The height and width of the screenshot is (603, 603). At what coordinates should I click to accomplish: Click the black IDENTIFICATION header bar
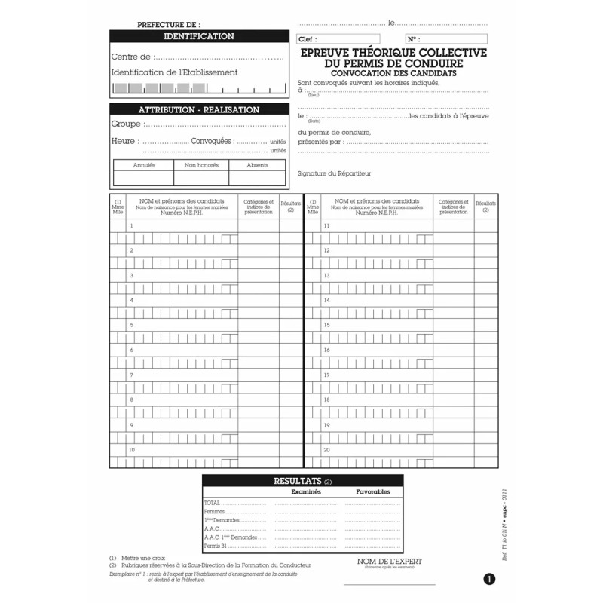(199, 36)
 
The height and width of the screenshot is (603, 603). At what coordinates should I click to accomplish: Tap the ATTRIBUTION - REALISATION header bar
(199, 110)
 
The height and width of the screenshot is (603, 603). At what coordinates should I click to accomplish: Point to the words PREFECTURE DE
(169, 25)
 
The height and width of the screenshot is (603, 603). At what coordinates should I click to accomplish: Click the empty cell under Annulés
(143, 178)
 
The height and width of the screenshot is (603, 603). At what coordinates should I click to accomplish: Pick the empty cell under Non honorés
(201, 178)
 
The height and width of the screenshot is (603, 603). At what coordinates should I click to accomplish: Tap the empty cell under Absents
(258, 178)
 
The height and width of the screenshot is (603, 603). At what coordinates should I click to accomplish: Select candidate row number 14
(377, 301)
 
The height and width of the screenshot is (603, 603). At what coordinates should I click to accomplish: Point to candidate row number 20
(377, 450)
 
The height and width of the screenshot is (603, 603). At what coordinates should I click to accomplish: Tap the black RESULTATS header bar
(302, 480)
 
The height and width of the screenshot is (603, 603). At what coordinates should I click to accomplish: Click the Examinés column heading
(306, 491)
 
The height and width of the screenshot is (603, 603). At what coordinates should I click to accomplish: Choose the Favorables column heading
(373, 491)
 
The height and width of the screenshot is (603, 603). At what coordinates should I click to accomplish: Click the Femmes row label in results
(214, 512)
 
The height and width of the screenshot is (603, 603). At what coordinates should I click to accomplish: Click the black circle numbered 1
(489, 580)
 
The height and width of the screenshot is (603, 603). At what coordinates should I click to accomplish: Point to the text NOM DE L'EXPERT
(390, 562)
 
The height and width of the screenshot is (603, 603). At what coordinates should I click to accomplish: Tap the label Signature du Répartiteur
(334, 174)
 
